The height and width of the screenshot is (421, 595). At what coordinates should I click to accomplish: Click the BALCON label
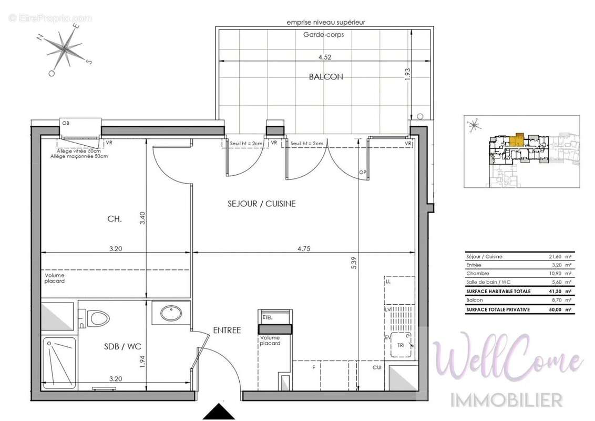[x=325, y=77]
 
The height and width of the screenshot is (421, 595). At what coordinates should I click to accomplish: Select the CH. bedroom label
[x=114, y=218]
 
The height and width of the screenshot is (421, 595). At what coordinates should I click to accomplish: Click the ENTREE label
[x=227, y=330]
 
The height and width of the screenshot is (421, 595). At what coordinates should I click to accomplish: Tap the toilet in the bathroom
[x=96, y=318]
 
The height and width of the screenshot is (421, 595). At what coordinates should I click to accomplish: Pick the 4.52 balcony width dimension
[x=324, y=57]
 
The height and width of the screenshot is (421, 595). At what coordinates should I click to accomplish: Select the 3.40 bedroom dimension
[x=141, y=217]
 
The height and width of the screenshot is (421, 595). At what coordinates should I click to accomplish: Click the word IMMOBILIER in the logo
[x=507, y=399]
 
